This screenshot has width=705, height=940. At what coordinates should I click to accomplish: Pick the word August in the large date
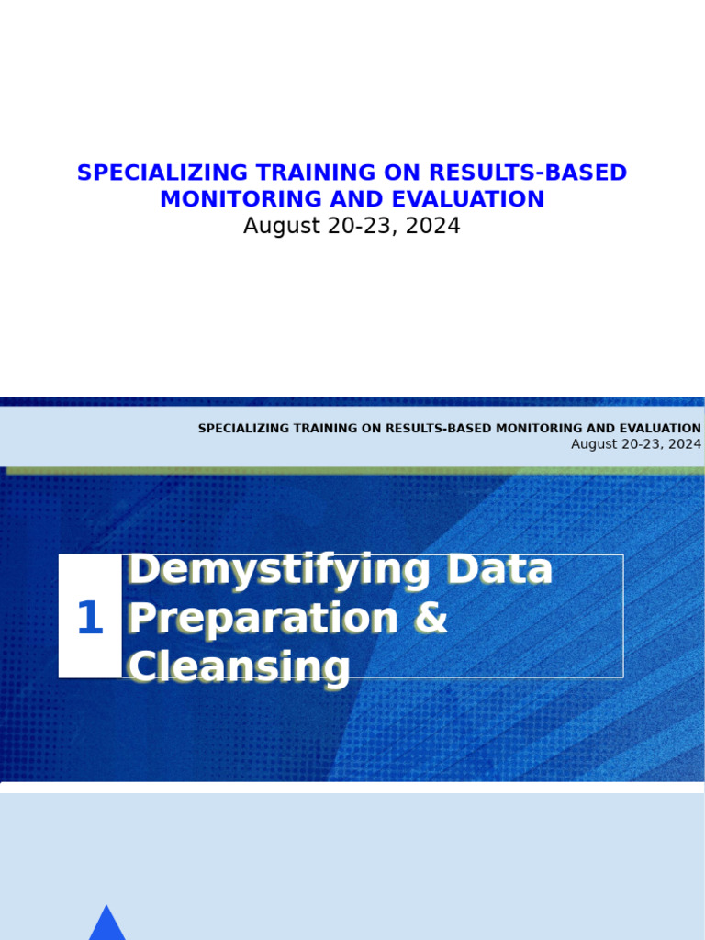[276, 226]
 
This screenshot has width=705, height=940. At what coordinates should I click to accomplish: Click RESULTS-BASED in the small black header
[438, 429]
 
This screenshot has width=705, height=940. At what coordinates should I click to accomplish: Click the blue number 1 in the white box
[89, 618]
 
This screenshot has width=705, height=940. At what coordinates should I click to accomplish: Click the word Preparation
[262, 619]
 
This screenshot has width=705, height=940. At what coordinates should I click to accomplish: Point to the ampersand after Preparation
[430, 619]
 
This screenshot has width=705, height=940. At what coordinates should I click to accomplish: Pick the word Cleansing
[239, 667]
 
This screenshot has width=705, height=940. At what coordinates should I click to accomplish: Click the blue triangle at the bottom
[106, 924]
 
